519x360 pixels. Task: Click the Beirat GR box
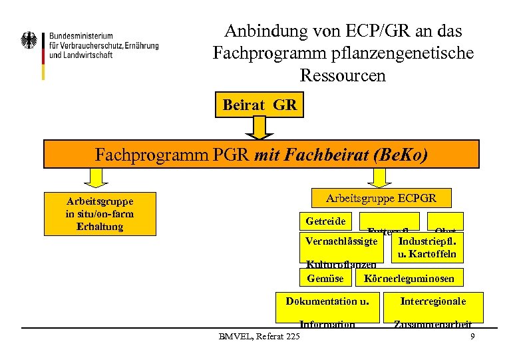[259, 105]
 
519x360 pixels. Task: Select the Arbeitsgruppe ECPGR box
[381, 198]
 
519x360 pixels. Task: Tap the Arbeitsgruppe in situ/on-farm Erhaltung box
[99, 214]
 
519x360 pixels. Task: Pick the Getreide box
[325, 221]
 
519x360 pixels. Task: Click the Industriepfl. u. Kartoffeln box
[427, 247]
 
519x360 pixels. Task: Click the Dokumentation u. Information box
[327, 307]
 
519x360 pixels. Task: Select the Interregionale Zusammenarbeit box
[433, 307]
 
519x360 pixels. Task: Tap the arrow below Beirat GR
[259, 127]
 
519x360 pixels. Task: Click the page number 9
[472, 337]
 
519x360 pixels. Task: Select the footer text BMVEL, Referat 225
[259, 335]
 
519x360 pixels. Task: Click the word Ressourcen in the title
[343, 75]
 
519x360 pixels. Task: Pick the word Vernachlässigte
[341, 241]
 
